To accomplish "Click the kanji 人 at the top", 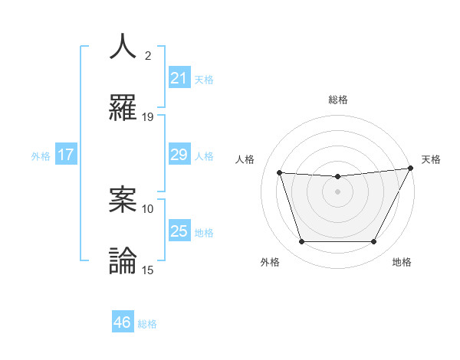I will point(123,46).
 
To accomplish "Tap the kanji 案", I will point(123,199).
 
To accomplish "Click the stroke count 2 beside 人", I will point(148,56).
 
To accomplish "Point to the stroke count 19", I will point(148,117).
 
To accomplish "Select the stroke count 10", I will point(148,208).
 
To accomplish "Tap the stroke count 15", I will point(148,270).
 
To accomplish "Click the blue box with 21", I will point(179,78).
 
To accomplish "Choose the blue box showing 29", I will point(179,155).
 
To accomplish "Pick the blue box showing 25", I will point(179,231).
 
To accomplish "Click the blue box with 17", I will point(66,155).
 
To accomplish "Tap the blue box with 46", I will point(123,322).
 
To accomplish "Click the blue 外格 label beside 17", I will point(41,156).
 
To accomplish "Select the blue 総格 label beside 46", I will point(147,324).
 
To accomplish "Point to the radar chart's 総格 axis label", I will point(338,100).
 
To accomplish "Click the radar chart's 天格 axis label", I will point(431,159).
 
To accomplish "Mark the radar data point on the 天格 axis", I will point(412,169).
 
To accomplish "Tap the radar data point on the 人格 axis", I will point(279,173).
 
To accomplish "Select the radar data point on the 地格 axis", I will point(374,242).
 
